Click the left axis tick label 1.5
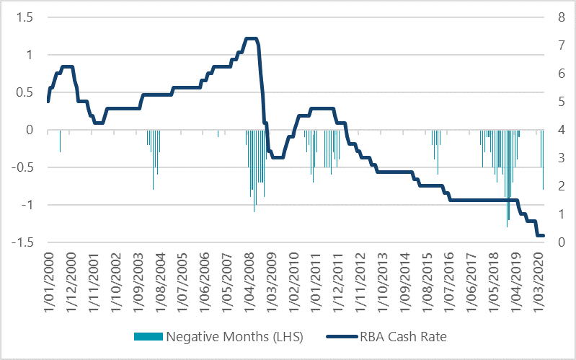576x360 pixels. click(x=25, y=17)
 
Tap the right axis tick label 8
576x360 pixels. click(x=559, y=17)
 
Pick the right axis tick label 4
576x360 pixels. click(x=559, y=130)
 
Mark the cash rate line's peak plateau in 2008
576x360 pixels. click(x=251, y=38)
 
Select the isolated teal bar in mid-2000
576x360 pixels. click(x=60, y=141)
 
